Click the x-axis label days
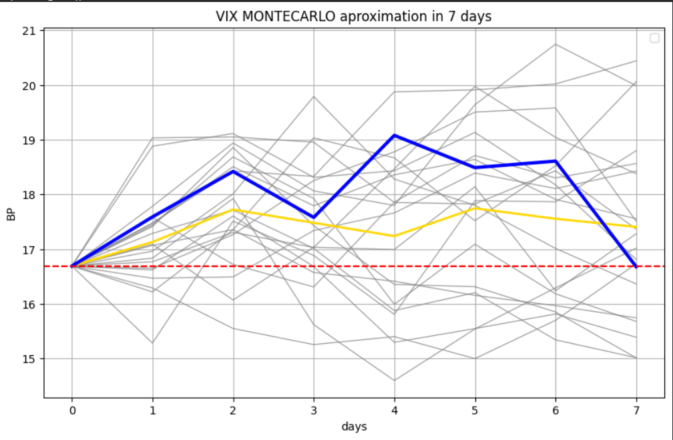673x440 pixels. point(353,426)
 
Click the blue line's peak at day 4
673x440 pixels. point(394,136)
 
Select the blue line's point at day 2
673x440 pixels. point(233,172)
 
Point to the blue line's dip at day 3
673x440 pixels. point(314,218)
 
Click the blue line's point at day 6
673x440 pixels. point(555,161)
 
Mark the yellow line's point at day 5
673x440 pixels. point(475,208)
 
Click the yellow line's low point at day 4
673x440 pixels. point(394,236)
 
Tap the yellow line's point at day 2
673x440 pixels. point(233,210)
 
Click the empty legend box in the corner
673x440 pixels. point(654,38)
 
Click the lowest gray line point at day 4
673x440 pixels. point(394,381)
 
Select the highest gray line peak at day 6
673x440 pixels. point(555,45)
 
